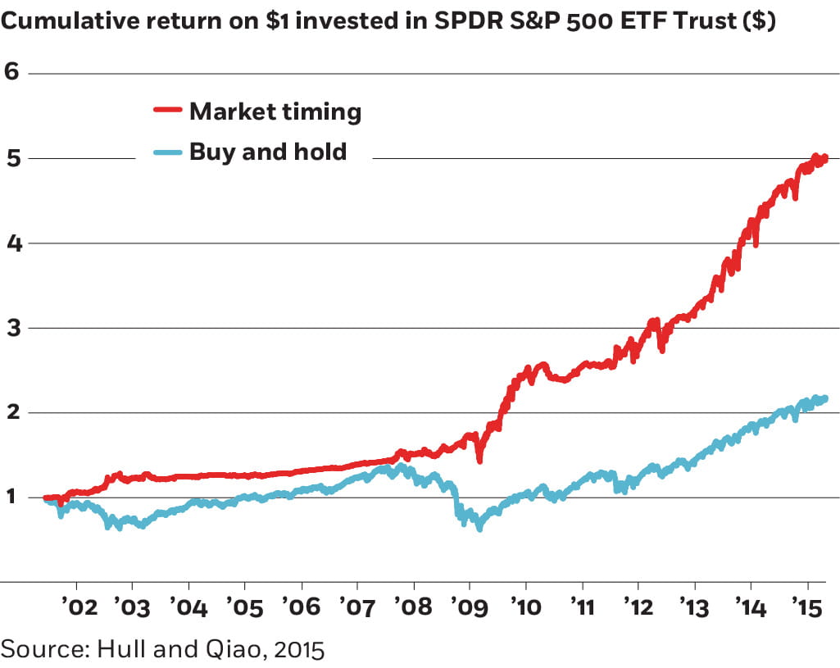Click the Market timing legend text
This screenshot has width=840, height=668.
(x=275, y=111)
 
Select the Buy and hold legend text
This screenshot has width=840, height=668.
(x=268, y=152)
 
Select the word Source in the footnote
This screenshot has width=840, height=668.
(x=44, y=651)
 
